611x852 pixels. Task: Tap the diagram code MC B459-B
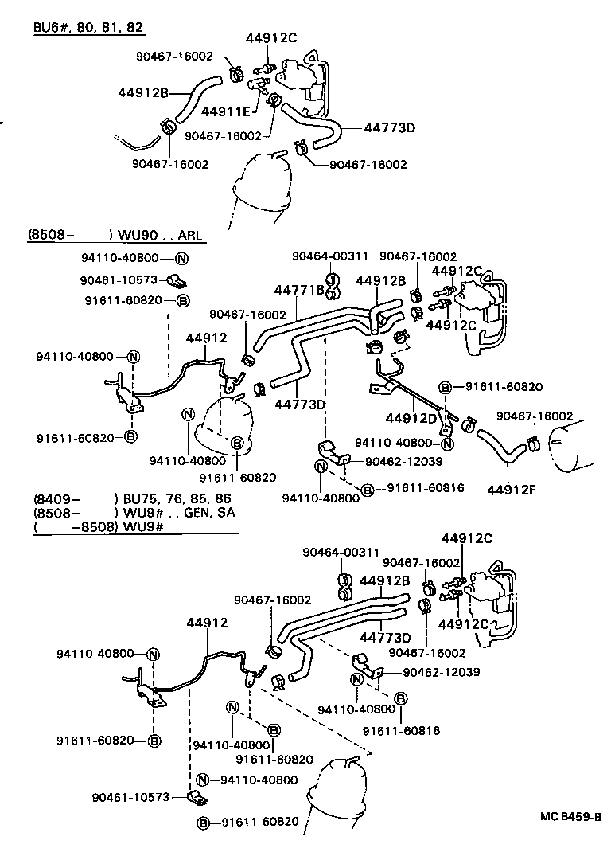click(x=570, y=817)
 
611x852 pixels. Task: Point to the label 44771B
click(x=300, y=290)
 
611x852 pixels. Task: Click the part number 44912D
click(x=411, y=418)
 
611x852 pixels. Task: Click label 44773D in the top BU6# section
click(x=391, y=127)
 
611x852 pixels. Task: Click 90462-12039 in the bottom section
click(x=442, y=672)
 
